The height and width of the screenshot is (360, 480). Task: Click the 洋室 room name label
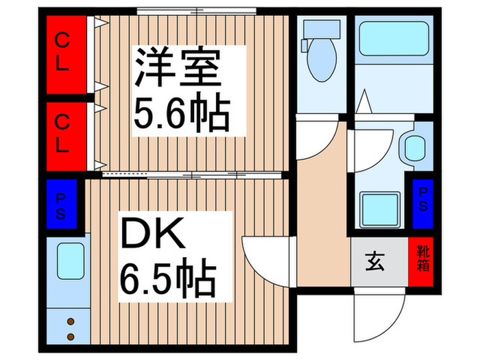[178, 67]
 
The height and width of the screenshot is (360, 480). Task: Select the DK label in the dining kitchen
[154, 233]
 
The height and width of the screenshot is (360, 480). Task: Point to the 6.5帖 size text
[169, 278]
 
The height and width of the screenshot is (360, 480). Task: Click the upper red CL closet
[67, 54]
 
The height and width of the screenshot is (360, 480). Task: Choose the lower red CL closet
[67, 136]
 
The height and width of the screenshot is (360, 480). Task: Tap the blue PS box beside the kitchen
[61, 204]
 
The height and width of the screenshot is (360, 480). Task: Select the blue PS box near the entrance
[423, 204]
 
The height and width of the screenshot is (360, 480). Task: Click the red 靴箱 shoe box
[421, 262]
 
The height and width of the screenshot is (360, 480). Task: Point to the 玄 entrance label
[374, 262]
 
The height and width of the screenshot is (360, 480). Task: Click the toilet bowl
[322, 60]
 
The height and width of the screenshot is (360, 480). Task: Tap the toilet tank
[322, 29]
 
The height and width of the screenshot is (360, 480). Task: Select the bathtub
[394, 38]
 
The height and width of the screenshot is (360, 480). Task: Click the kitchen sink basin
[71, 261]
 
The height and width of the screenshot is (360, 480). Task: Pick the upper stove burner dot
[71, 322]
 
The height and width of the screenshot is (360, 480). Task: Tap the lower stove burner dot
[71, 337]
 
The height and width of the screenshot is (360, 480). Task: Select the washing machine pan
[380, 210]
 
